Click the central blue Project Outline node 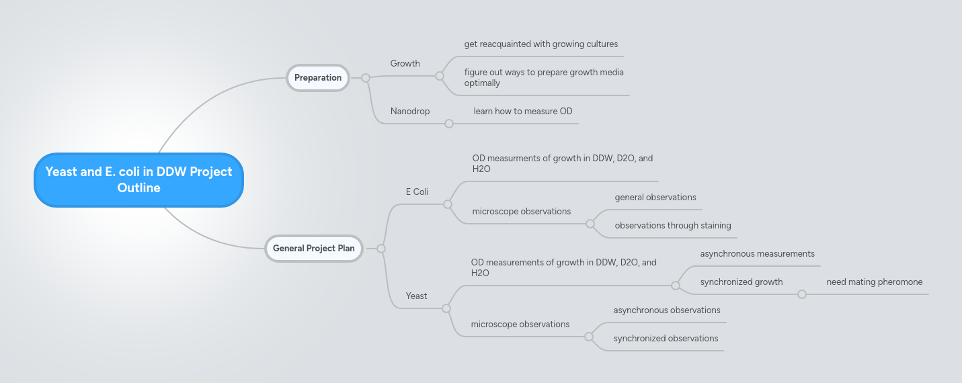(138, 180)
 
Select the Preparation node (318, 77)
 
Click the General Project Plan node (313, 248)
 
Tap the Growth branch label (405, 63)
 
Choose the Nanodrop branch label (409, 111)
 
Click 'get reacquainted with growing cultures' (540, 44)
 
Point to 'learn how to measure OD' (522, 111)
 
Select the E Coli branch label (417, 191)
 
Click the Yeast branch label (416, 296)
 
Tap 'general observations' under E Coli (655, 197)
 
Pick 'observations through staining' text (672, 225)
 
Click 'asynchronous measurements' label (757, 253)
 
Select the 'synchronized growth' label (741, 282)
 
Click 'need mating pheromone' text (874, 282)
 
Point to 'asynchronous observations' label (666, 310)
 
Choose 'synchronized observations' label (666, 338)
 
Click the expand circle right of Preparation (366, 78)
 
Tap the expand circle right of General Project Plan (381, 249)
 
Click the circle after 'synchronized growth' (802, 294)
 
